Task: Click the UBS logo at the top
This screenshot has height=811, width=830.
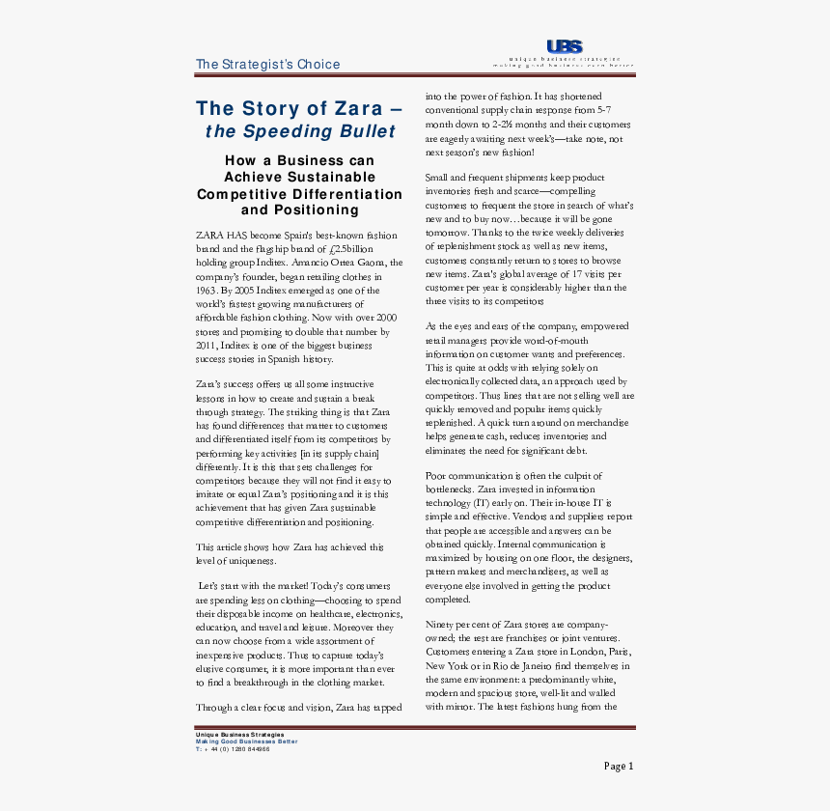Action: pyautogui.click(x=564, y=46)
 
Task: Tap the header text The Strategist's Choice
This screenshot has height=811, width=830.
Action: pyautogui.click(x=267, y=65)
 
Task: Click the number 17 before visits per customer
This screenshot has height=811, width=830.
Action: pyautogui.click(x=576, y=274)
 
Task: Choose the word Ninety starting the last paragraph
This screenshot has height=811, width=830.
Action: pyautogui.click(x=442, y=626)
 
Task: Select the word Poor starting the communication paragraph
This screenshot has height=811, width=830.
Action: pyautogui.click(x=437, y=475)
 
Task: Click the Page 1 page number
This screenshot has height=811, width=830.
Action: pyautogui.click(x=619, y=767)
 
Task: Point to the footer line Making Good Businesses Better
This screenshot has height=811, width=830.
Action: pyautogui.click(x=246, y=741)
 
